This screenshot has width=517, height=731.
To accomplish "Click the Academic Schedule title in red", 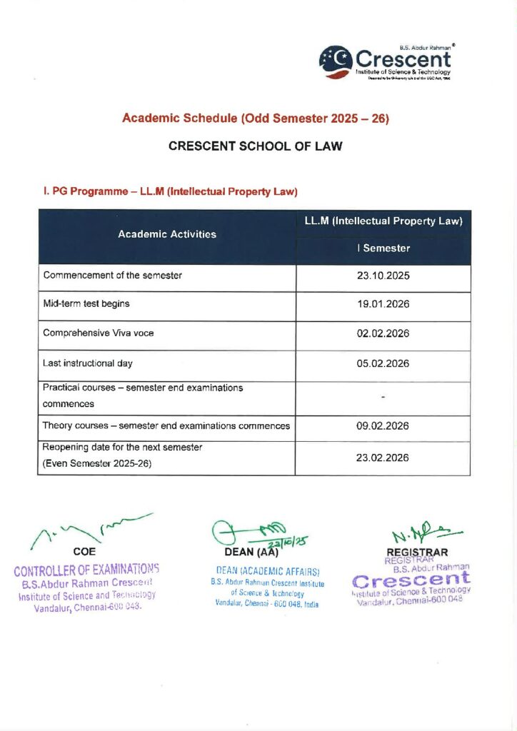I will (255, 119).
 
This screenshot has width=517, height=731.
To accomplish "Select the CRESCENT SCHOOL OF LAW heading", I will (255, 146).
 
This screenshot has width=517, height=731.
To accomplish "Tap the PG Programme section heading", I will (171, 191).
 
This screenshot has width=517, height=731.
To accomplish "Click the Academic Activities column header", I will (167, 234).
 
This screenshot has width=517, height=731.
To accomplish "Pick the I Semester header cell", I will (383, 248).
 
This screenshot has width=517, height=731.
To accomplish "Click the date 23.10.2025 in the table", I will (383, 275).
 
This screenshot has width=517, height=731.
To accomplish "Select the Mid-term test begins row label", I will (86, 303).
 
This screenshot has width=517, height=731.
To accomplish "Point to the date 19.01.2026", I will (383, 304).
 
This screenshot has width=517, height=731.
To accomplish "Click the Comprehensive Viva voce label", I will (99, 333).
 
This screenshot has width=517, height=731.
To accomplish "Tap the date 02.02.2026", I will (383, 333).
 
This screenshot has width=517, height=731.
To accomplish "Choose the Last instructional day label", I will (88, 363).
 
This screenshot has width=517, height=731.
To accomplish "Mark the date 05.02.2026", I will (383, 363).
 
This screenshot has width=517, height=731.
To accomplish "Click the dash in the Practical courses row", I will (383, 395).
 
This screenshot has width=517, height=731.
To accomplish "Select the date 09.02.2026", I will (383, 426).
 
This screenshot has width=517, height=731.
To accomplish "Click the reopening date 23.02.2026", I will (383, 458).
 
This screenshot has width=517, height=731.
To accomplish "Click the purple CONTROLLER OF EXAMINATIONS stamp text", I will (86, 570).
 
